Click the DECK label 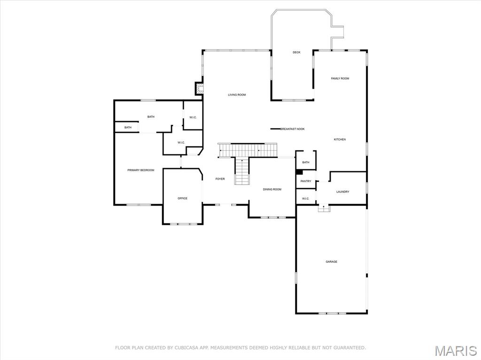coord(296,53)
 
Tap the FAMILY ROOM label coord(340,78)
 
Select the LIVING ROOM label coord(237,95)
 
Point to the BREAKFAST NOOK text coord(293,129)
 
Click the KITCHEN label coord(340,139)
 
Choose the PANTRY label coord(306,181)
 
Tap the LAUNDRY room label coord(342,191)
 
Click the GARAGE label coord(331,261)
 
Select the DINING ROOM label coord(272,189)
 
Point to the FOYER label coord(220,179)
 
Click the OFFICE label coord(182,198)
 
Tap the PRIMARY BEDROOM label coord(140,170)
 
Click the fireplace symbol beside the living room coord(199,88)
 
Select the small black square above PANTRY coord(299,172)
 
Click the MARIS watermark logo coord(455,351)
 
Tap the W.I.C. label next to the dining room coord(305,199)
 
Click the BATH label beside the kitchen coord(306,162)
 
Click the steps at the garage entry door coord(324,208)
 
